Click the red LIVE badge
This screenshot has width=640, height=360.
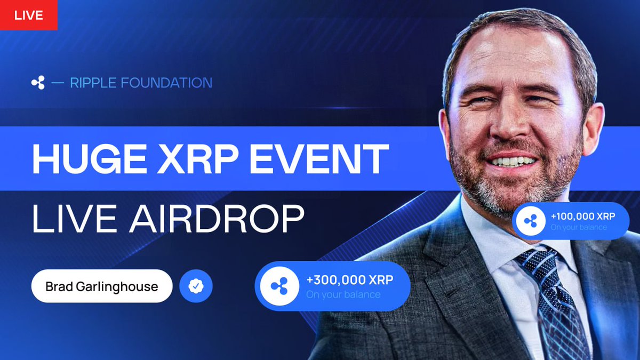28,15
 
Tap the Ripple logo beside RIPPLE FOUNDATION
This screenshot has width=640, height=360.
38,83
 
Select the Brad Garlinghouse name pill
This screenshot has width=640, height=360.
101,286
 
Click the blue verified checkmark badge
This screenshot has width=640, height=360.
196,286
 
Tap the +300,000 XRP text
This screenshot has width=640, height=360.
349,280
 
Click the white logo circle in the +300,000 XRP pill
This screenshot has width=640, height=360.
278,286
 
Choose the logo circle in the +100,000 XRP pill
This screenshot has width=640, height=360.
530,221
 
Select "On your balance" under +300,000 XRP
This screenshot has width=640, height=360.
343,294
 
